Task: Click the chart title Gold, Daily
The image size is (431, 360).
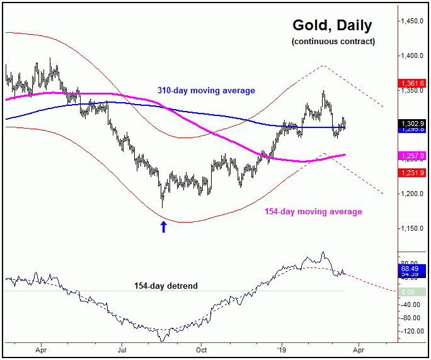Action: [332, 26]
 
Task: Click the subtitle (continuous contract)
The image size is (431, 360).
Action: [333, 42]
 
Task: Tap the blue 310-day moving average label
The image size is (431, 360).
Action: [206, 91]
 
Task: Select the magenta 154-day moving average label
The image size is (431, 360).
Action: [313, 212]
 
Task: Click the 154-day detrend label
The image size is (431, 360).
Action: [166, 286]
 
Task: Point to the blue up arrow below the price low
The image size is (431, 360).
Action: [164, 227]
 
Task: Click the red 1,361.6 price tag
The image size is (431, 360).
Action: [413, 83]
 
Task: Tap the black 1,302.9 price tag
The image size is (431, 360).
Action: [413, 124]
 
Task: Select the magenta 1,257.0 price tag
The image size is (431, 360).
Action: [413, 155]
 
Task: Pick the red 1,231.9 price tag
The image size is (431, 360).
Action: [413, 172]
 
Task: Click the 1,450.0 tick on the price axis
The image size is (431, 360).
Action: [413, 21]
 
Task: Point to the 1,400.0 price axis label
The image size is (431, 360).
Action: [413, 56]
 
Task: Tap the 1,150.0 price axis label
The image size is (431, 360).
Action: [413, 228]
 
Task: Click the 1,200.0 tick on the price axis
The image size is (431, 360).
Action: [413, 194]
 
